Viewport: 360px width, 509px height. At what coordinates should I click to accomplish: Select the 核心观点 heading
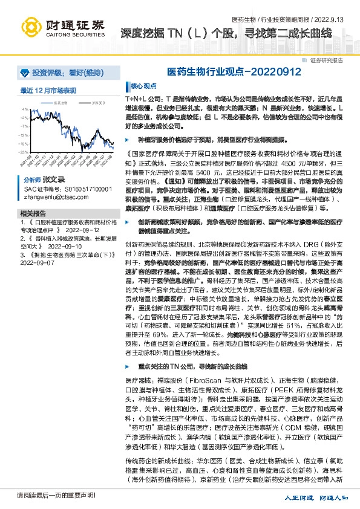[x=144, y=86]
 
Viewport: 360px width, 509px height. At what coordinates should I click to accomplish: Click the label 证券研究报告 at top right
[x=327, y=60]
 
